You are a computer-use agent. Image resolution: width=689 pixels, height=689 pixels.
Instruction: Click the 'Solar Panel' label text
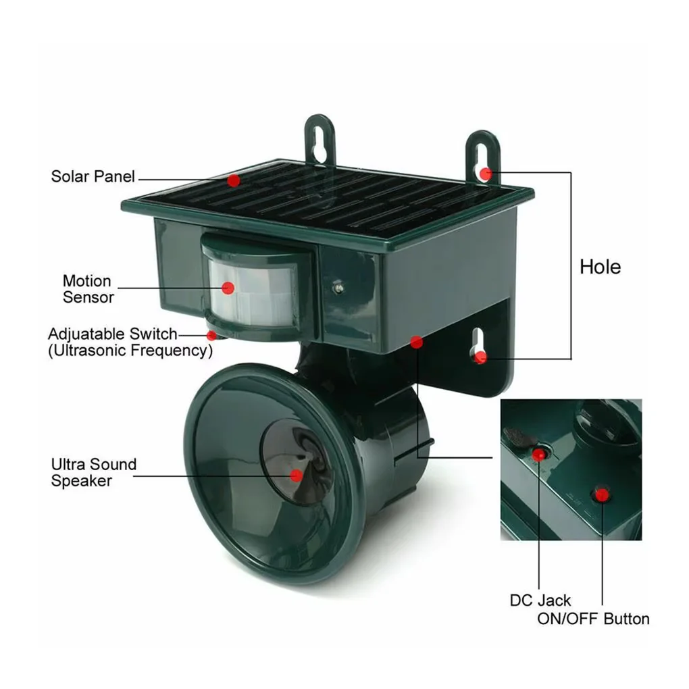pyautogui.click(x=93, y=177)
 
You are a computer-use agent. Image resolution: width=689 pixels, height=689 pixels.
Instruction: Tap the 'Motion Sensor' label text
pyautogui.click(x=88, y=288)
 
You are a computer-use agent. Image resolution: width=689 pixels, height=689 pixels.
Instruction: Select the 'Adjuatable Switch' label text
pyautogui.click(x=112, y=334)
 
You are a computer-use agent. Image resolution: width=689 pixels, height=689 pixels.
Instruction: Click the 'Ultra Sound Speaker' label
pyautogui.click(x=93, y=472)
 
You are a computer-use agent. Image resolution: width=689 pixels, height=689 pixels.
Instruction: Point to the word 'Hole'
pyautogui.click(x=600, y=267)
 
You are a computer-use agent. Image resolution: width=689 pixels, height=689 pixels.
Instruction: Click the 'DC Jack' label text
pyautogui.click(x=540, y=600)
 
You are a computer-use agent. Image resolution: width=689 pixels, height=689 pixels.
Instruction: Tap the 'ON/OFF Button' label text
pyautogui.click(x=593, y=618)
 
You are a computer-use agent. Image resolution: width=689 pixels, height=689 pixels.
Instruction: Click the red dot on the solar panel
pyautogui.click(x=234, y=180)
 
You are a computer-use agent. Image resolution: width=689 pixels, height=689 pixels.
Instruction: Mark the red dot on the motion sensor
pyautogui.click(x=228, y=288)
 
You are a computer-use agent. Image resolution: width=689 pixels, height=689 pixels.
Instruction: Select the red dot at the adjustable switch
pyautogui.click(x=212, y=335)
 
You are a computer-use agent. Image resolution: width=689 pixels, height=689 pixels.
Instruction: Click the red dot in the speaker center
pyautogui.click(x=296, y=476)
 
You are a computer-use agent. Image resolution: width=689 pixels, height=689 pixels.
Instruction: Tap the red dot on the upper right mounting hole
pyautogui.click(x=486, y=174)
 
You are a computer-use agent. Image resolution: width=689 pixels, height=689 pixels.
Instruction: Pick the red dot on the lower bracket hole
pyautogui.click(x=480, y=357)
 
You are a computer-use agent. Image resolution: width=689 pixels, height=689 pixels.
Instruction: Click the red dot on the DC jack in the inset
pyautogui.click(x=539, y=454)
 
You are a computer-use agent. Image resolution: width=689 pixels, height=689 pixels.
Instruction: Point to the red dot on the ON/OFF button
pyautogui.click(x=601, y=496)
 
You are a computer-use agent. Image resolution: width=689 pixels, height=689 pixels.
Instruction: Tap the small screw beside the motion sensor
pyautogui.click(x=337, y=287)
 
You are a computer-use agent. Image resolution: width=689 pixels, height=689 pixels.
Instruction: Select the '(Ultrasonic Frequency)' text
pyautogui.click(x=130, y=351)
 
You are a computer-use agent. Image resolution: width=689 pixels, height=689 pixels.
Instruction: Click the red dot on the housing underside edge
pyautogui.click(x=417, y=342)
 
